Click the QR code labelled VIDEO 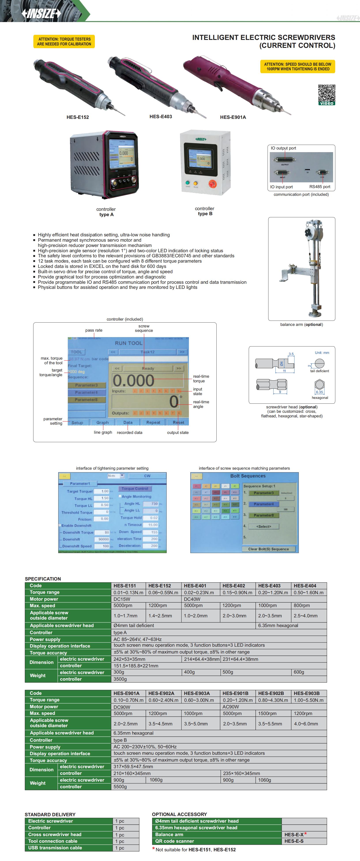326,94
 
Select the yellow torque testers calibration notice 64,41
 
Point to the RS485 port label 320,187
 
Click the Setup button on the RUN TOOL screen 77,422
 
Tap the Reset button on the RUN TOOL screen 178,422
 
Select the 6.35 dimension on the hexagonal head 320,392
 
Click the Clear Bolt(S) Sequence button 268,549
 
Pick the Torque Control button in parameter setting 135,489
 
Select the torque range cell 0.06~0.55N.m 163,592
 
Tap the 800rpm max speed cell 302,605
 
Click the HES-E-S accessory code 294,841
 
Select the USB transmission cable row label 55,848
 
